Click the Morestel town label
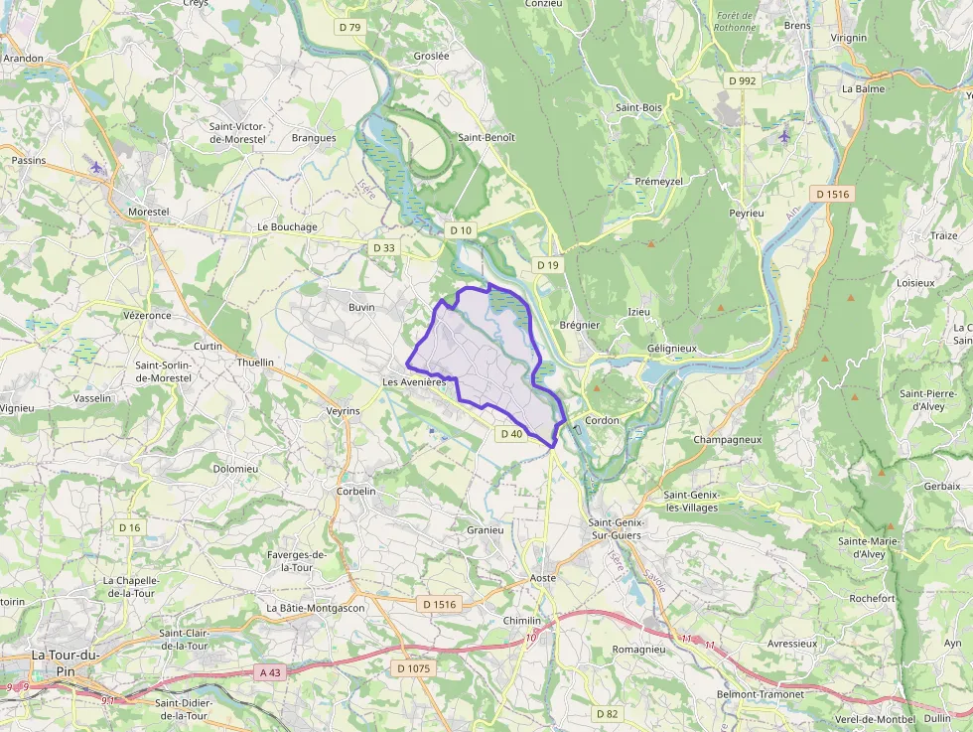coord(149,212)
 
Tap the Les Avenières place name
coord(413,382)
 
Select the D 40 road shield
coord(511,434)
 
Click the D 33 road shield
coord(384,247)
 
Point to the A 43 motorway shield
coord(270,672)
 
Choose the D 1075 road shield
coord(413,668)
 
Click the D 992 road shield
coord(742,80)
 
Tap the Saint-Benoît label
coord(486,137)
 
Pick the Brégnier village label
coord(580,325)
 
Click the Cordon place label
coord(602,420)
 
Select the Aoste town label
coord(543,577)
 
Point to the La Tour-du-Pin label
coord(66,661)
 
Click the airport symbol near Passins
coord(96,167)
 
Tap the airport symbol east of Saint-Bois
coord(784,135)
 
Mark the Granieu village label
coord(486,530)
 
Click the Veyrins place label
coord(343,410)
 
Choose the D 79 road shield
coord(350,27)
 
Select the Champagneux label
coord(727,439)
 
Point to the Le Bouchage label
coord(287,226)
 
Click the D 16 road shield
coord(130,527)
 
